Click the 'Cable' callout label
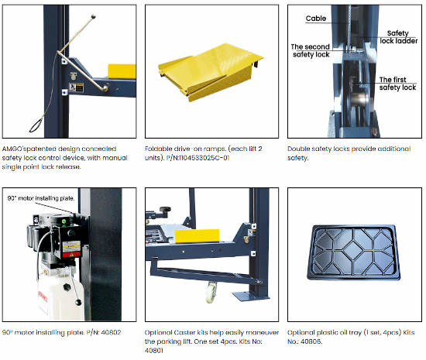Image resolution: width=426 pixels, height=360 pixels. (316, 19)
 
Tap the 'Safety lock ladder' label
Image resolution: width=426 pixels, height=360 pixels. (399, 37)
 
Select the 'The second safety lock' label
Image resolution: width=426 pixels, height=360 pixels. (311, 50)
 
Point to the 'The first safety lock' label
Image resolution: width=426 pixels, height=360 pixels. (397, 84)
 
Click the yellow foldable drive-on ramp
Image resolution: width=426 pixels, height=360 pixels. (211, 72)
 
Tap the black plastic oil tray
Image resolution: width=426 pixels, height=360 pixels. (354, 252)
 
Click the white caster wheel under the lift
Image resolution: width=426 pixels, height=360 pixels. (211, 293)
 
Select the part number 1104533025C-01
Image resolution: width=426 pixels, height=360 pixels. (198, 158)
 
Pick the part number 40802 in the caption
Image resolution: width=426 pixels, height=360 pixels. (111, 332)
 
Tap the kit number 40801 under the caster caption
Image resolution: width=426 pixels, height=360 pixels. (154, 351)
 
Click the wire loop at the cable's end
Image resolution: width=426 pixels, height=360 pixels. (36, 125)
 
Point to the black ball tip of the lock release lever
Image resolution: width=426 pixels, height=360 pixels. (94, 16)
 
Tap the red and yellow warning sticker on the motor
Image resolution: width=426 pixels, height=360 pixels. (72, 249)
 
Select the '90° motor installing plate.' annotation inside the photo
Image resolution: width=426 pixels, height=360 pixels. (41, 198)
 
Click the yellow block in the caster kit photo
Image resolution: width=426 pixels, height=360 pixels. (198, 235)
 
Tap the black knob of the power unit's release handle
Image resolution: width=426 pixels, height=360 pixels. (78, 302)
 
